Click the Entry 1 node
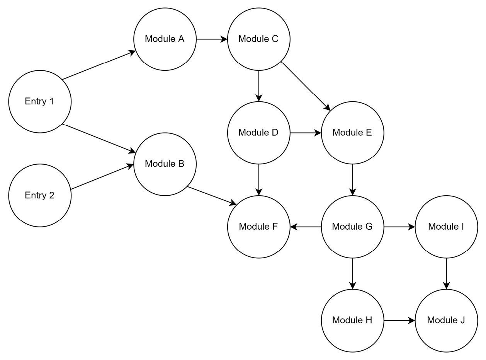(x=40, y=101)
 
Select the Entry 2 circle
(x=40, y=195)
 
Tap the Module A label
(x=165, y=39)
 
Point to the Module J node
(x=446, y=320)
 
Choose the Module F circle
(x=258, y=227)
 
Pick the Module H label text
(x=352, y=320)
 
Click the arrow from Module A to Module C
(x=212, y=39)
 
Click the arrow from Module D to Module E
(x=306, y=133)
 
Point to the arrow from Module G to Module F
(x=306, y=227)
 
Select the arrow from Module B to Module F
(x=212, y=195)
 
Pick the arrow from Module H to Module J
(x=399, y=320)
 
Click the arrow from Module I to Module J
(x=447, y=273)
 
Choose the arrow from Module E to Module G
(x=352, y=179)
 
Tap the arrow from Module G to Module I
(x=399, y=227)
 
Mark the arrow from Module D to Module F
(x=259, y=179)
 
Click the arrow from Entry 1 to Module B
(x=99, y=138)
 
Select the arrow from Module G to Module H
(x=352, y=273)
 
